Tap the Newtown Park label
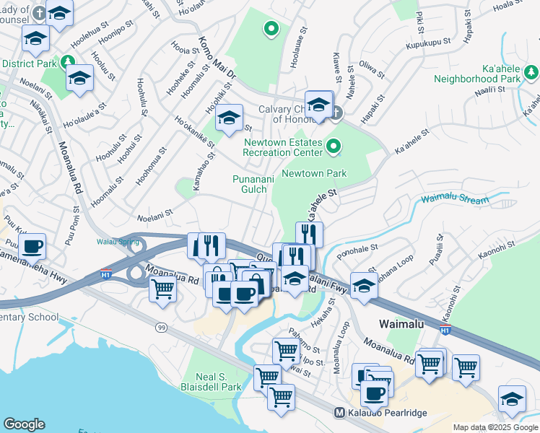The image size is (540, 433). point(314,173)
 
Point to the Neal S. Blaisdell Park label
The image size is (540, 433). point(219,382)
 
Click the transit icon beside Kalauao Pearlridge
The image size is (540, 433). point(339,413)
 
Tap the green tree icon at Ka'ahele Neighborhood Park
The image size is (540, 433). point(532,71)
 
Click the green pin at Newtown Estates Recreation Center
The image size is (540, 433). point(334,147)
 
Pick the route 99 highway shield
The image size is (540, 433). point(160,328)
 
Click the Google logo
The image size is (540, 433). point(24,424)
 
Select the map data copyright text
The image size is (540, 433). point(496,427)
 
